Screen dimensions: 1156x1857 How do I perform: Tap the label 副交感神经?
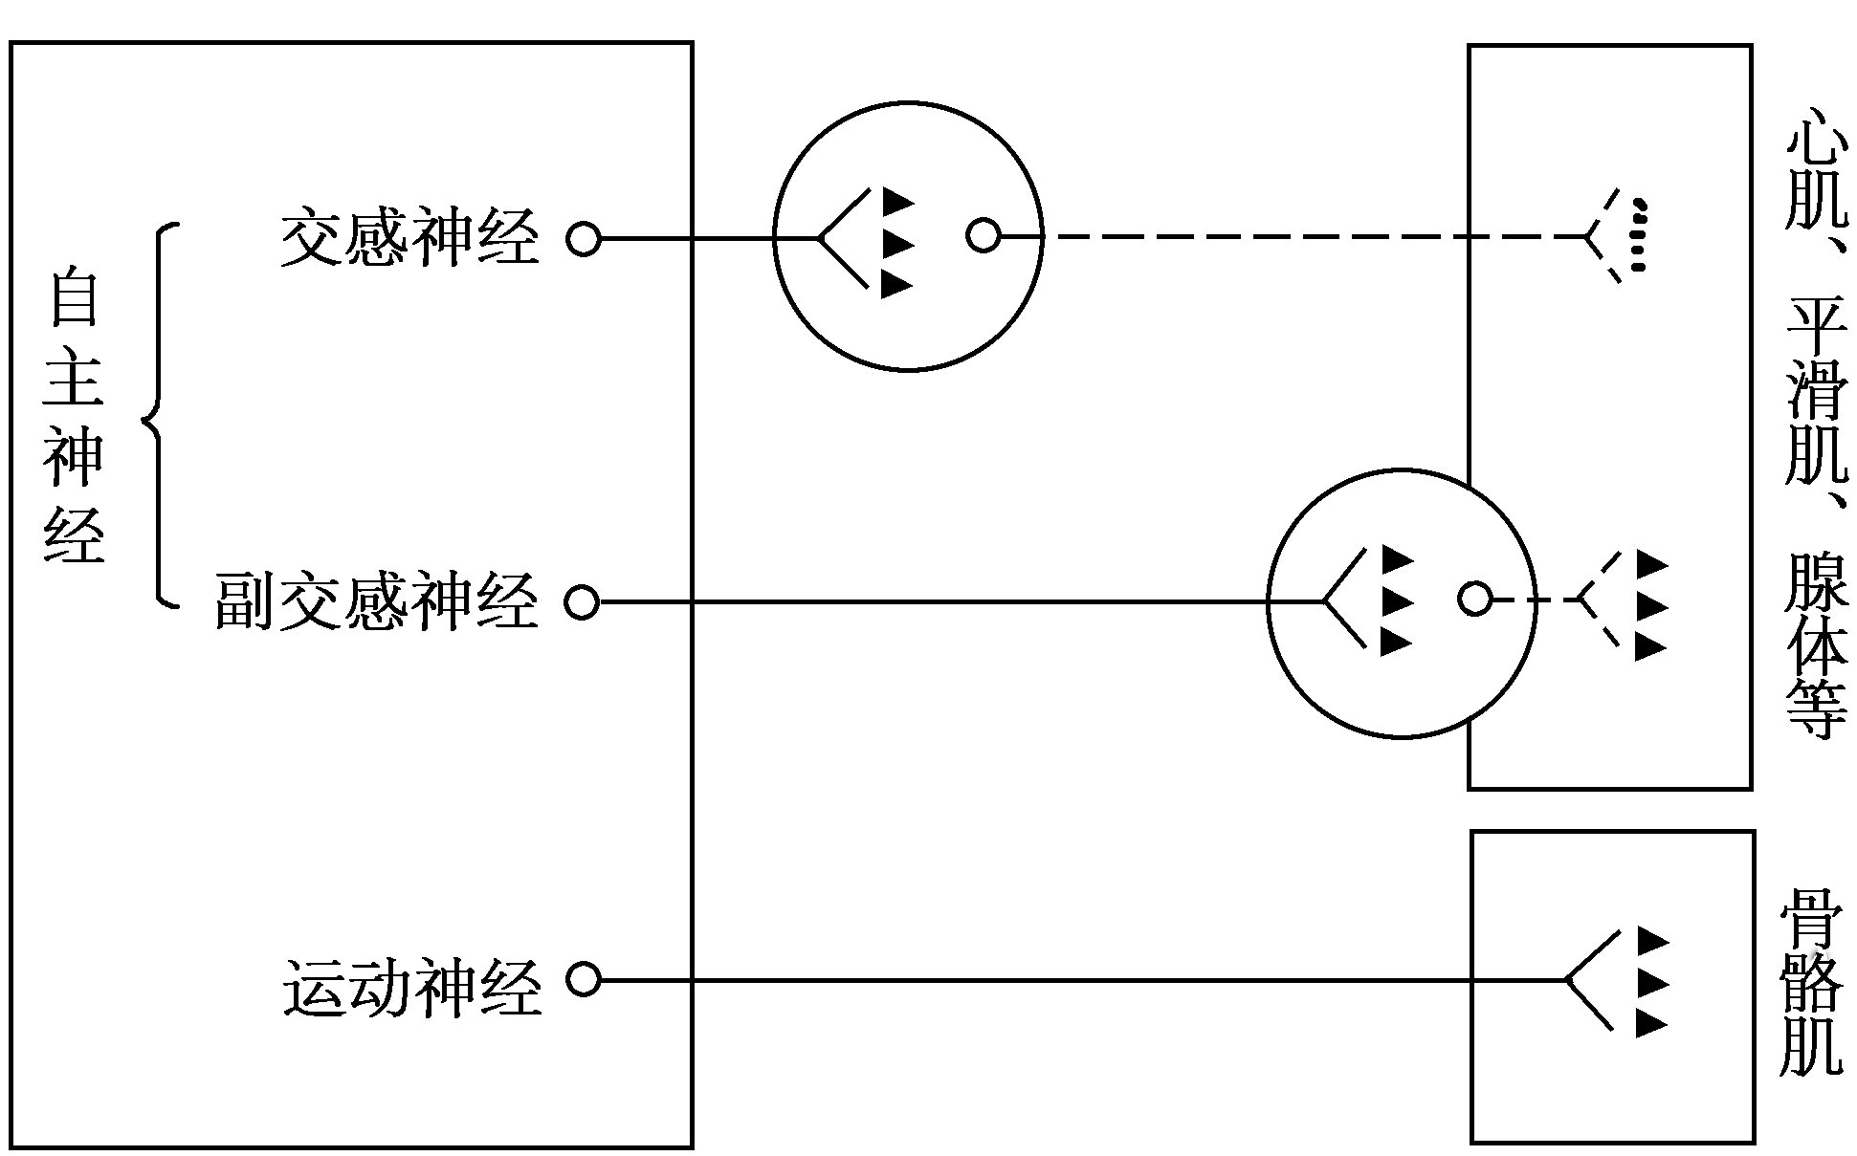(376, 602)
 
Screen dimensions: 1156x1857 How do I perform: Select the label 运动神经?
(411, 988)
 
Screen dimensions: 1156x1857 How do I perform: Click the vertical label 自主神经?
(73, 416)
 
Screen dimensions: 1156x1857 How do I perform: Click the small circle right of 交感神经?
(583, 237)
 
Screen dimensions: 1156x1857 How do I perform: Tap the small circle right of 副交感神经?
(581, 602)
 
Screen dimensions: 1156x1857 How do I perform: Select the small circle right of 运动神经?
(582, 980)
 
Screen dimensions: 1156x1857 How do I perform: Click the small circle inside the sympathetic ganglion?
(983, 234)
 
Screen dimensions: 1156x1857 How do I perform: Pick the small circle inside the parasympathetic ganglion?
(1474, 600)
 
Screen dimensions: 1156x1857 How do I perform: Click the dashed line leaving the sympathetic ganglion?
(1244, 235)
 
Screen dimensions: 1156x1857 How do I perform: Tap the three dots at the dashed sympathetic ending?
(1638, 235)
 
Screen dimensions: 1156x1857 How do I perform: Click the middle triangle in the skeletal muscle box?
(1651, 982)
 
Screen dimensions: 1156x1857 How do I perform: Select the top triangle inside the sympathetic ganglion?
(895, 201)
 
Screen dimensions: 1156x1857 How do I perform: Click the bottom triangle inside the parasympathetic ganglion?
(1396, 643)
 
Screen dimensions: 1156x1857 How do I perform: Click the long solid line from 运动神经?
(1052, 980)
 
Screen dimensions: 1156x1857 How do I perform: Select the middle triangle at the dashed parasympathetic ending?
(1650, 606)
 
